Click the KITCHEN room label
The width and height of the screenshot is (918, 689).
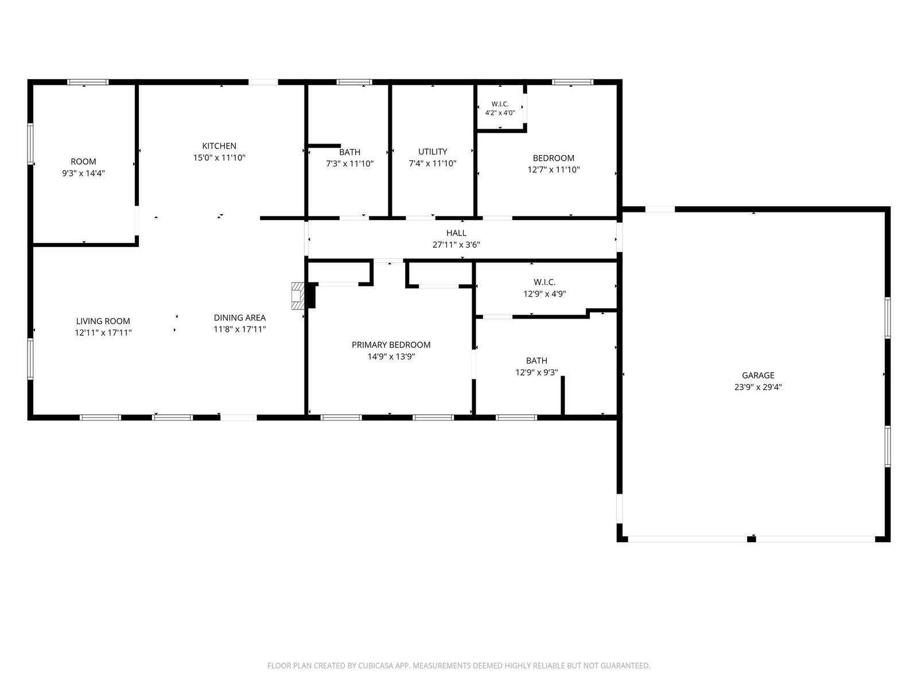click(219, 146)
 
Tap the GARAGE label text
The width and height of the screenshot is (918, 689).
click(758, 376)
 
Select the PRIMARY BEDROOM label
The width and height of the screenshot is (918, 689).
click(391, 344)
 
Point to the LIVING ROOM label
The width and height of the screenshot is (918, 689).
click(103, 322)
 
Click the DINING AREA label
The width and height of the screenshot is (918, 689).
click(240, 318)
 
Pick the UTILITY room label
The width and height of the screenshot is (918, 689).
click(433, 152)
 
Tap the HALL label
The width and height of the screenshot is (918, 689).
click(456, 233)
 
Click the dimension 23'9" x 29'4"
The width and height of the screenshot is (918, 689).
click(758, 387)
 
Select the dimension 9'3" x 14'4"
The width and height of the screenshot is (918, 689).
click(83, 173)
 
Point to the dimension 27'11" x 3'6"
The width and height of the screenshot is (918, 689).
click(456, 245)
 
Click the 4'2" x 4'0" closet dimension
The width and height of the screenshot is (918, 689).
click(500, 113)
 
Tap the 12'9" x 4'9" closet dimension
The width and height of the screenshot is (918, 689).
click(544, 294)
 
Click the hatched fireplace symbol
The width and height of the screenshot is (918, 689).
click(297, 296)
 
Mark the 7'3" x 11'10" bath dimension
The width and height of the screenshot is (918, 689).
click(349, 164)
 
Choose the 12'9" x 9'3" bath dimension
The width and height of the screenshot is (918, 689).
click(536, 372)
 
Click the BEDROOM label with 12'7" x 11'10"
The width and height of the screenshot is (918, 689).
click(553, 158)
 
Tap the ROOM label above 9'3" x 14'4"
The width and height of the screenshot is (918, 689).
click(83, 161)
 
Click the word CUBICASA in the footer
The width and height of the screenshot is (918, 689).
click(376, 665)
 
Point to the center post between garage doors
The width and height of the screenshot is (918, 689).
click(751, 539)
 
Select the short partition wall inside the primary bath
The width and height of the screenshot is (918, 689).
click(562, 396)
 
